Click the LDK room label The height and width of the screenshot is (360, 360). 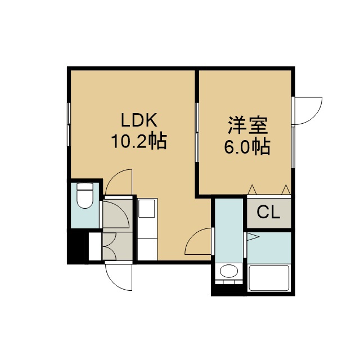click(x=139, y=120)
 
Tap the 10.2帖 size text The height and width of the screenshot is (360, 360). click(x=139, y=141)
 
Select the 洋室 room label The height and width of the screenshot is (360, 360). click(x=247, y=125)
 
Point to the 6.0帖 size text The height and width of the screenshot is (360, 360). click(x=247, y=146)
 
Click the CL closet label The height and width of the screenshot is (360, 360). click(x=268, y=213)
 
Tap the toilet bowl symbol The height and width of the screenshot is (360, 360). click(x=85, y=195)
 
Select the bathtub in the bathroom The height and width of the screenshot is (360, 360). click(x=269, y=278)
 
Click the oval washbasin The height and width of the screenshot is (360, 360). click(x=229, y=271)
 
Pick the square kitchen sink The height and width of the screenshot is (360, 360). click(x=147, y=209)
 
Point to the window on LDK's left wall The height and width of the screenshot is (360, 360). click(x=69, y=124)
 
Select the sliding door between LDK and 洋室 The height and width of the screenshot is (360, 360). click(x=197, y=132)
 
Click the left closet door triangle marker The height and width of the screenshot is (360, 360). click(x=253, y=190)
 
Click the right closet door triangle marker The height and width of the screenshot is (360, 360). click(x=286, y=190)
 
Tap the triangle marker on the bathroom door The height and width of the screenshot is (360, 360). click(x=253, y=237)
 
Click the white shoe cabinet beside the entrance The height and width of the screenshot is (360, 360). click(x=95, y=246)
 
